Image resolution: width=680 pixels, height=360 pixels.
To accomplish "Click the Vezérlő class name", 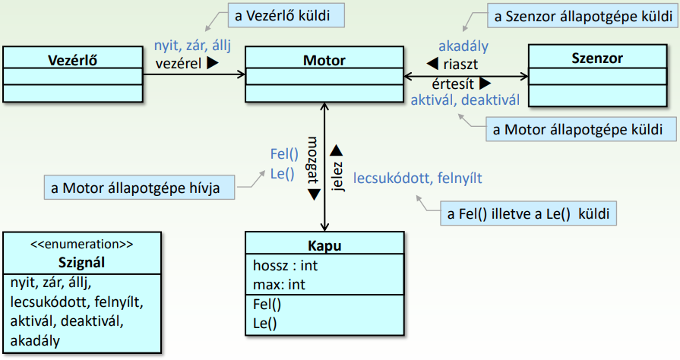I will pos(73,59).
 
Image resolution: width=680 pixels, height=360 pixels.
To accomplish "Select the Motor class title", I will pos(324,59).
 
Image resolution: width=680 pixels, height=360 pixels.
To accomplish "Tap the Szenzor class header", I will pos(597,57).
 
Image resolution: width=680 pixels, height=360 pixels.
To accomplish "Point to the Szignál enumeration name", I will pos(82,264).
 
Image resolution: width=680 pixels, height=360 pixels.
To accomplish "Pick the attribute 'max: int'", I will pos(279,285).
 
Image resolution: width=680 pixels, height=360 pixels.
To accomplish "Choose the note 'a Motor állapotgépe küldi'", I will pos(580,129).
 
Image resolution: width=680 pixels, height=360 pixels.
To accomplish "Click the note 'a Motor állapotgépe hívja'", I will pos(141,188).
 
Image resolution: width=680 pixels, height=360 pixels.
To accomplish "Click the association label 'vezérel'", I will pos(179,65).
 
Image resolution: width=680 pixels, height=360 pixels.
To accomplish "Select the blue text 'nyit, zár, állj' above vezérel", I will pos(191,46).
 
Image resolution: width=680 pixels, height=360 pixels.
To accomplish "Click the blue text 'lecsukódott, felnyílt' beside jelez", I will pos(418,178).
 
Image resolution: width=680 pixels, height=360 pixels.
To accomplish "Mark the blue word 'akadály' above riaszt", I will pos(463,46).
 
